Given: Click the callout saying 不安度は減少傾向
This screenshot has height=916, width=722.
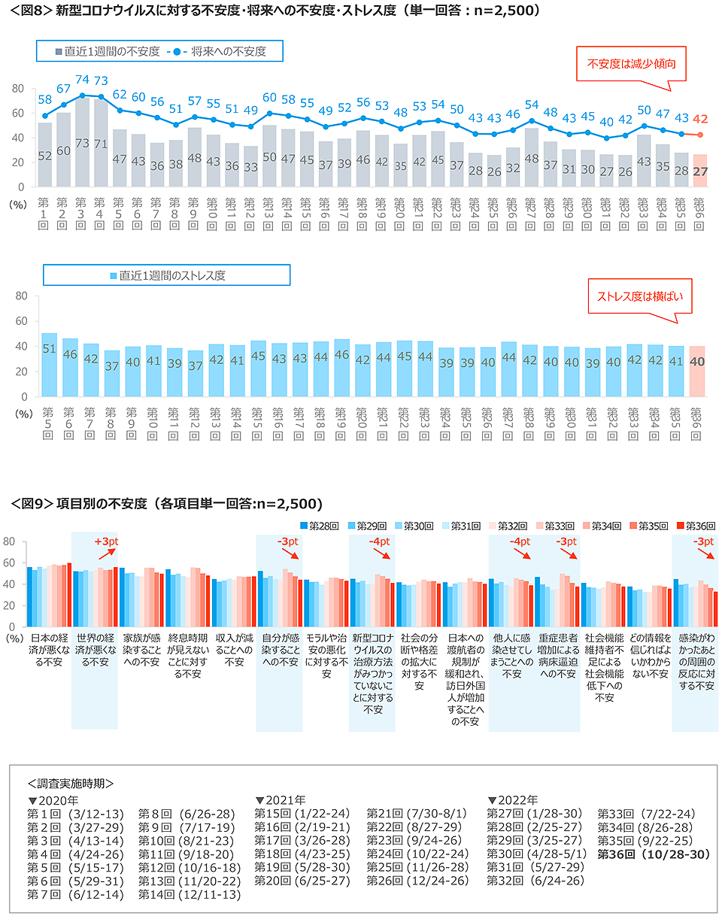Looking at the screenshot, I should tap(630, 65).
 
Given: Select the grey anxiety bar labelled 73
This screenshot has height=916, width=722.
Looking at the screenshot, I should tap(83, 143).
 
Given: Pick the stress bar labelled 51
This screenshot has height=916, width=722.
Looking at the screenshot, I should tap(50, 365).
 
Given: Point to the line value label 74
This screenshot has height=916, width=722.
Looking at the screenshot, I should tap(83, 80).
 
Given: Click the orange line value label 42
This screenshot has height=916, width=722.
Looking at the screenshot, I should tap(700, 118).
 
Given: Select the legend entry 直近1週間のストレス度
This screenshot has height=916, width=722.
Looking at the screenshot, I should tap(167, 275).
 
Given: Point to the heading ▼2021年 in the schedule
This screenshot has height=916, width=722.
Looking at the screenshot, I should tap(281, 800).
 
